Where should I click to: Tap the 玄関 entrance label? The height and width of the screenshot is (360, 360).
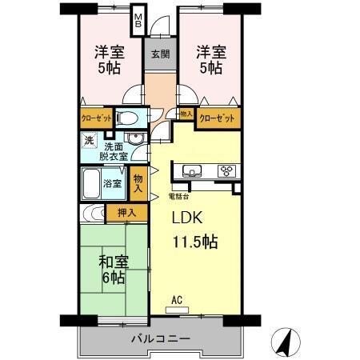160,55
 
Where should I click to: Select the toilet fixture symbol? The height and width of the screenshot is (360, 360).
127,118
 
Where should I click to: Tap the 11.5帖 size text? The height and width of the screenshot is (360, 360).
197,241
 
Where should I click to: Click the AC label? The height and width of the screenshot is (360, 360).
177,300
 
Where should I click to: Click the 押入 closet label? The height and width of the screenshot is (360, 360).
126,213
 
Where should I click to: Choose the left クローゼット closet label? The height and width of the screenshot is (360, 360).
97,118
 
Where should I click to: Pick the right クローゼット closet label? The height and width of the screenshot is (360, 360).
218,119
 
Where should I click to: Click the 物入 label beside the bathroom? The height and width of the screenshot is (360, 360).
138,186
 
